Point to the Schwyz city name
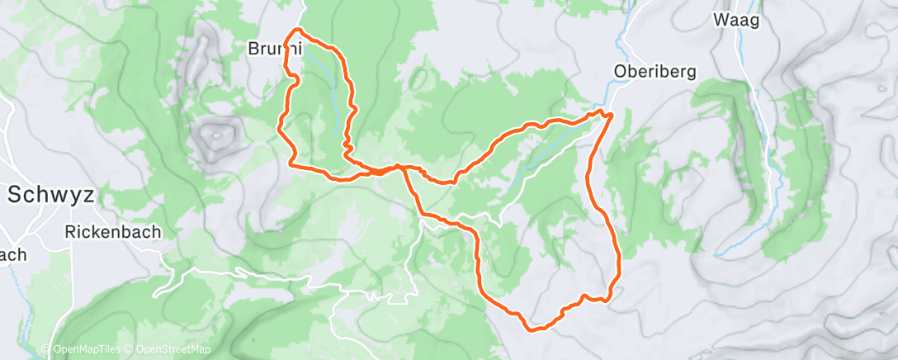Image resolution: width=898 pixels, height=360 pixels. pos(51,196)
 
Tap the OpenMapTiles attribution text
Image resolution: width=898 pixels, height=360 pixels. pos(80,350)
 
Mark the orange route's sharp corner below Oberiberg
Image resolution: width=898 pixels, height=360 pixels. pos(611,114)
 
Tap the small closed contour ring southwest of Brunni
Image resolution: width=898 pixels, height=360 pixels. pos(217,133)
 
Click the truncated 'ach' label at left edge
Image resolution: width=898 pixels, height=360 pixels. pos(12,255)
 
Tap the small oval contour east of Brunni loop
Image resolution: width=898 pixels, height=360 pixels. pos(418,79)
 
